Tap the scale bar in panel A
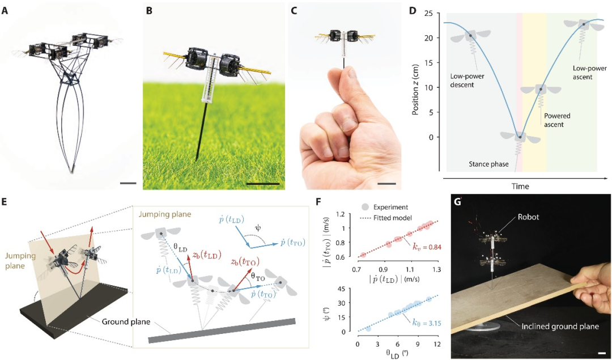[x=129, y=183]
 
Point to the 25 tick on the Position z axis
[x=435, y=13]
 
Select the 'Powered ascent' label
[x=557, y=120]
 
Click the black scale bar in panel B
[x=263, y=183]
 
